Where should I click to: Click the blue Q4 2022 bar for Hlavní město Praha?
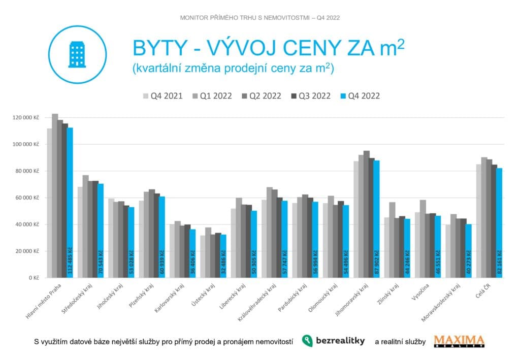70,203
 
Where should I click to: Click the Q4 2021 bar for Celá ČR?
479,221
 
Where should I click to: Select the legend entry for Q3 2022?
310,96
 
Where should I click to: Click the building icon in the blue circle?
77,54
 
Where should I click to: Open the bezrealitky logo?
333,341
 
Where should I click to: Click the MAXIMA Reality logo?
459,341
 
